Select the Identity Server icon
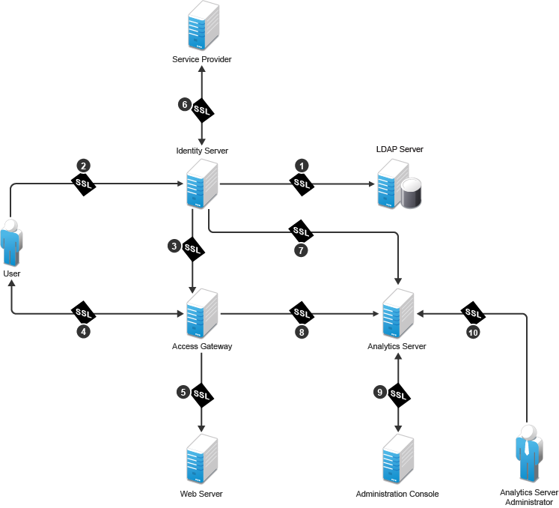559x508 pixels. [x=202, y=184]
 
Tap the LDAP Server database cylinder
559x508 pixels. [x=412, y=193]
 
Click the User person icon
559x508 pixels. [x=10, y=241]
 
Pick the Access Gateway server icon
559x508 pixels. [x=202, y=314]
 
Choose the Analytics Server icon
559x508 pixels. [x=397, y=313]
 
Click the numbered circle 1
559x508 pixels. [x=302, y=164]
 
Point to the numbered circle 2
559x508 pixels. [x=84, y=165]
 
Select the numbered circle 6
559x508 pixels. [x=185, y=104]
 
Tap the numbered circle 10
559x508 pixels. [x=473, y=333]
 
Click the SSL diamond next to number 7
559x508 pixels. [x=302, y=231]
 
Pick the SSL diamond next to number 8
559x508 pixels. [x=302, y=312]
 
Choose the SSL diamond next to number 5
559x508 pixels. [x=201, y=393]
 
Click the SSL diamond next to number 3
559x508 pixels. [x=194, y=248]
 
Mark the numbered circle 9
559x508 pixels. [x=380, y=391]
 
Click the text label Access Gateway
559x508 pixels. [x=202, y=346]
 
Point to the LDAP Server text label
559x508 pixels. [x=400, y=150]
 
